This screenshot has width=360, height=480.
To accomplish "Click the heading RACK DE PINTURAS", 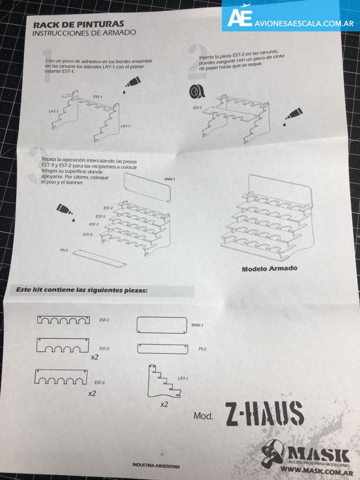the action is [78, 24].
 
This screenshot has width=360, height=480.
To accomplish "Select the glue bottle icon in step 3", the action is [65, 211].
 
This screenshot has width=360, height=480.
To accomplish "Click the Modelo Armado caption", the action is [270, 269].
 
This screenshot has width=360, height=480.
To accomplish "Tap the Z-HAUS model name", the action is [264, 414].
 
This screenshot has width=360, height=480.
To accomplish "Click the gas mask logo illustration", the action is [272, 453].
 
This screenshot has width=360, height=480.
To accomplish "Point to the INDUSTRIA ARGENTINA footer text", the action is [156, 465].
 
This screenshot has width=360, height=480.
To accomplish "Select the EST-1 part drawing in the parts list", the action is [63, 320].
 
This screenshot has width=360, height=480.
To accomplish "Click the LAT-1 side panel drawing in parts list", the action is [163, 382].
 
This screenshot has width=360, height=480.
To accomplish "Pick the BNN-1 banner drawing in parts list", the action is [162, 325].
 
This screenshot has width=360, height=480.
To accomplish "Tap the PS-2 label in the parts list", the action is [202, 349].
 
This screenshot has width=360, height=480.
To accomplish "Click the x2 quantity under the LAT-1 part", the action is [164, 405].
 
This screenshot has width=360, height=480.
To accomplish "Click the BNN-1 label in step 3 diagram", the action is [170, 179].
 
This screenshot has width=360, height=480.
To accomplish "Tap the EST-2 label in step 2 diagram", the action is [197, 108].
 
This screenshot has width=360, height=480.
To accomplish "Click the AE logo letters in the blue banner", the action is [240, 17].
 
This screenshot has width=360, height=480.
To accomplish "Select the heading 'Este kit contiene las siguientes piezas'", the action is [82, 290].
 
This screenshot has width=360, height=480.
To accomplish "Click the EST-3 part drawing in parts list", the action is [61, 376].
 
